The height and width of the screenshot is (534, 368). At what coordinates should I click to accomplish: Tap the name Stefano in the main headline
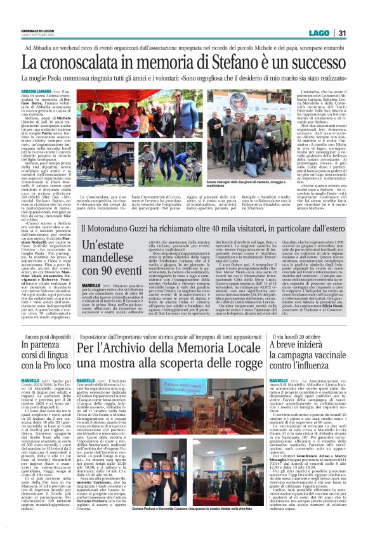click(227, 63)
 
